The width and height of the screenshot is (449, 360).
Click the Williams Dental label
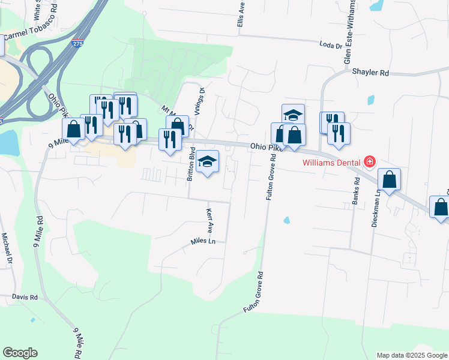331,161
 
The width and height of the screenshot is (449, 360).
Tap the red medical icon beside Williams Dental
370,161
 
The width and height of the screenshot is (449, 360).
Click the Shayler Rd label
371,72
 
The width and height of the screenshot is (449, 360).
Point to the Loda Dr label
330,44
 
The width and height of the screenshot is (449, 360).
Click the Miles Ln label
203,241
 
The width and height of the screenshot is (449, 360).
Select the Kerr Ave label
210,220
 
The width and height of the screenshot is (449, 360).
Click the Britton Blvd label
190,164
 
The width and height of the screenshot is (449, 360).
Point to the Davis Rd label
25,297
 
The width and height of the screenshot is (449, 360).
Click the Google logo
20,353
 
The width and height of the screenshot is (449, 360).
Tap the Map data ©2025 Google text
411,355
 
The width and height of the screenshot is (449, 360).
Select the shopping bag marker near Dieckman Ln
389,179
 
